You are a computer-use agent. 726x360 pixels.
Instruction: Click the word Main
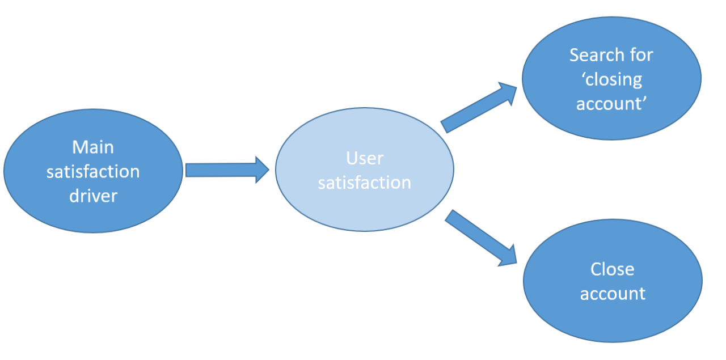[x=93, y=147]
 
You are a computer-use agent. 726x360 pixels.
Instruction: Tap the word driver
[x=93, y=196]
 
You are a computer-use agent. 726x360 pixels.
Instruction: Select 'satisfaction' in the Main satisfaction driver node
[x=93, y=171]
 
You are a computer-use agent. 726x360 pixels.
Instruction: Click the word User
[x=365, y=158]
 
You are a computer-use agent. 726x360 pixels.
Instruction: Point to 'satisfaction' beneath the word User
[x=365, y=183]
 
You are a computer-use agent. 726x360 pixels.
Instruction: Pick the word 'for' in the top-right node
[x=641, y=55]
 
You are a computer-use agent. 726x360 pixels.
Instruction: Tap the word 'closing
[x=612, y=79]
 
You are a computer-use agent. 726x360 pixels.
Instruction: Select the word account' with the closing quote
[x=612, y=104]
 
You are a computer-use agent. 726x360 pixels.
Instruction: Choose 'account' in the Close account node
[x=613, y=294]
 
